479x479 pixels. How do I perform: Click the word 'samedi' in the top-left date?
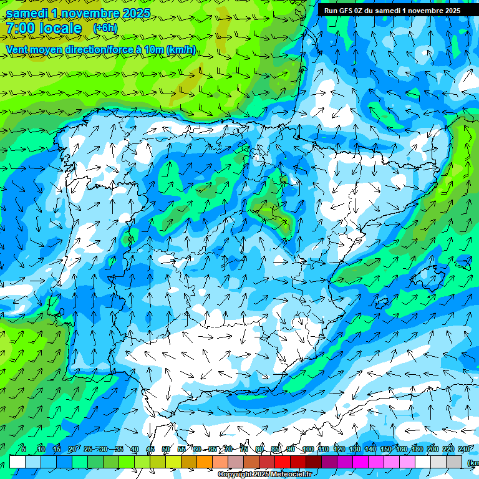point(28,13)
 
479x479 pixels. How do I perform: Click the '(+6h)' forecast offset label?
point(105,28)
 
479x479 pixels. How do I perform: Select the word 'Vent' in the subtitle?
point(17,49)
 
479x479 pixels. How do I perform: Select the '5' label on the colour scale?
point(24,449)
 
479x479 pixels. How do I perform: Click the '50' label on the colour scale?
point(165,449)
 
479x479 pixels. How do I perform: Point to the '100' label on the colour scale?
point(307,449)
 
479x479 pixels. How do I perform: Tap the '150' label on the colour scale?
point(386,449)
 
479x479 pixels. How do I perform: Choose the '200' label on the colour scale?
point(433,449)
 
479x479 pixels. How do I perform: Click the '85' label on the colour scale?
point(276,449)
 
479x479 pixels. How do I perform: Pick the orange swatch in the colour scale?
point(205,462)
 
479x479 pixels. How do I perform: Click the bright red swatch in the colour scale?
point(283,462)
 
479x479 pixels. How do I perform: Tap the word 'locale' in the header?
point(59,28)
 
